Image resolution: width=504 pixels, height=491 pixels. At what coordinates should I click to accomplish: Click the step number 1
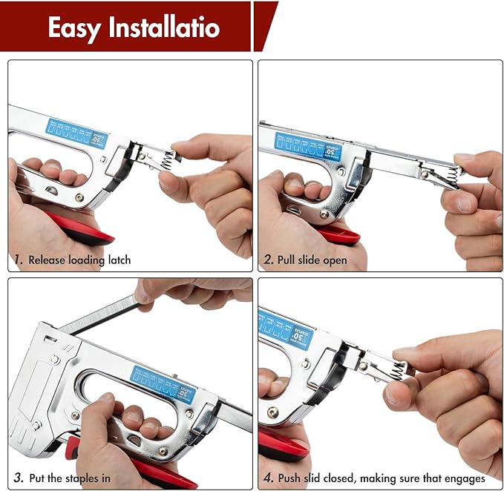[17, 260]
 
